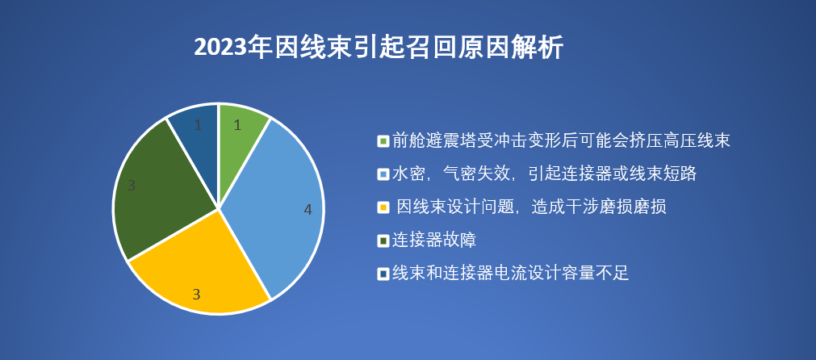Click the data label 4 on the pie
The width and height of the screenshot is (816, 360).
308,210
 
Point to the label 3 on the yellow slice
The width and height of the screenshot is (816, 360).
196,295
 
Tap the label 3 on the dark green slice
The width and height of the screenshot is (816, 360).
132,186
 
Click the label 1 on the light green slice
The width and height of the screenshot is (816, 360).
237,125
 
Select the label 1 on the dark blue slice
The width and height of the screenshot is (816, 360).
198,126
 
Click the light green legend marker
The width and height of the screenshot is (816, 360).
383,141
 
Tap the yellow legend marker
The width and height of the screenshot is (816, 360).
383,207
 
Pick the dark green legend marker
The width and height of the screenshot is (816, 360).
383,241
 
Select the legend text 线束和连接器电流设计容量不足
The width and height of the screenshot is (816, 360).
510,274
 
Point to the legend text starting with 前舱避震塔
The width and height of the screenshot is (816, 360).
561,141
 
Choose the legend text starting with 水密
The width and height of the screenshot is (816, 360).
544,174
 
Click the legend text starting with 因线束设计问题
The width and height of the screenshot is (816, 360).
532,207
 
